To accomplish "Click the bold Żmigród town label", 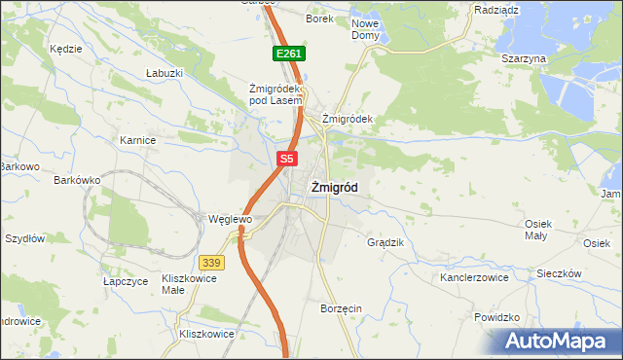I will (x=333, y=189).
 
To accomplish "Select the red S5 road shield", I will (x=285, y=158).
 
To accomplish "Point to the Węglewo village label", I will (x=231, y=219).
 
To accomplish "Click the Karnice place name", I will (x=138, y=140).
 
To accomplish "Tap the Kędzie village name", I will (x=65, y=47).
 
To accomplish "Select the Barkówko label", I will (x=78, y=180).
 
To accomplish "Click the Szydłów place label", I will (x=25, y=238).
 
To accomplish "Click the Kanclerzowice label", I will (x=474, y=277).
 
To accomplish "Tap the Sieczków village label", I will (x=559, y=273).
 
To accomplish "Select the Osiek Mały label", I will (x=538, y=229).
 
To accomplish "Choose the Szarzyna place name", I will (x=524, y=58).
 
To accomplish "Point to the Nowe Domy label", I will (x=365, y=28).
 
